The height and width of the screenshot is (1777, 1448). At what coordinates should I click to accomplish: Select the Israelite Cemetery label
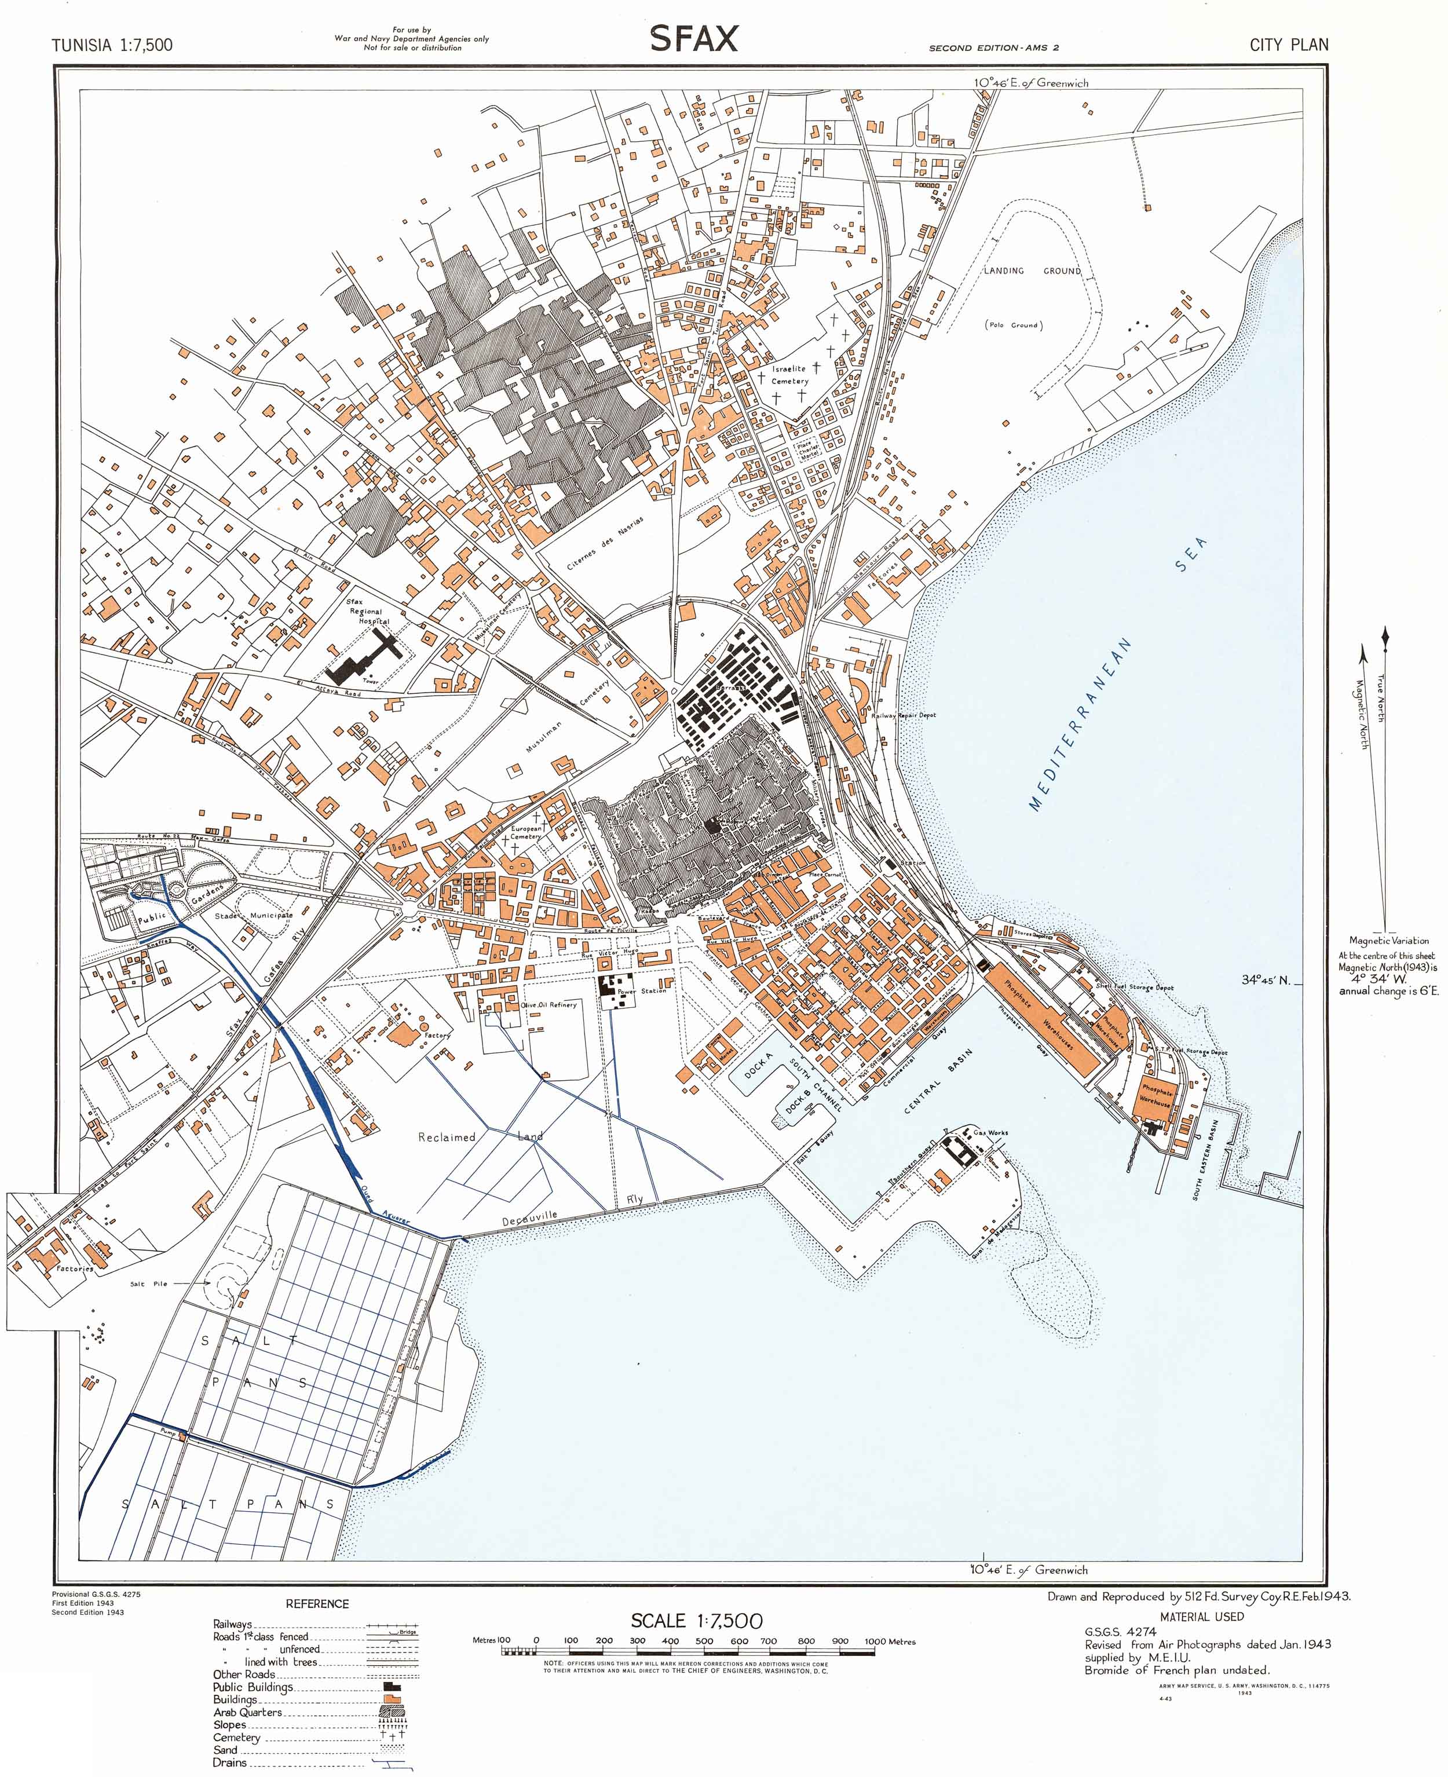point(789,374)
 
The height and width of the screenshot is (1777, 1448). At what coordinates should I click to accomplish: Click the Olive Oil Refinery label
point(549,1005)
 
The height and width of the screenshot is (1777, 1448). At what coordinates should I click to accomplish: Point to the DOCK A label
point(758,1065)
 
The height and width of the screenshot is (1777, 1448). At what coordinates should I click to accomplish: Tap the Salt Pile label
point(148,1284)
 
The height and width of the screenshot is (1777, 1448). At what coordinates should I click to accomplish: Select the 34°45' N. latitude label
point(1266,980)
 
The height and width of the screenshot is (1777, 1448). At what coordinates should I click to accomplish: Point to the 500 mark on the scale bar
point(704,1641)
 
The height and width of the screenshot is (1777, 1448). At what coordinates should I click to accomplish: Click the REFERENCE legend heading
point(317,1604)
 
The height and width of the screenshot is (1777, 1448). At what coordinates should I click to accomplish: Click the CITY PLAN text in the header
point(1288,45)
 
